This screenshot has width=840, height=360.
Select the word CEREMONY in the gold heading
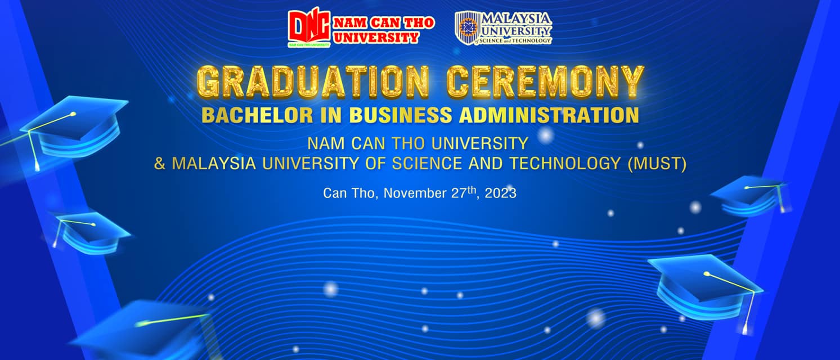tap(545, 82)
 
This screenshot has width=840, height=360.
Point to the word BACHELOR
tap(257, 115)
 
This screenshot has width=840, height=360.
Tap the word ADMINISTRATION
tap(549, 115)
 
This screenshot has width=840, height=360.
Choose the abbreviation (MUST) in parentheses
tap(657, 164)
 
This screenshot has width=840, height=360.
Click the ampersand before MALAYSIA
tap(160, 164)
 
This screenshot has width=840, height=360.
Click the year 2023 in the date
tap(501, 193)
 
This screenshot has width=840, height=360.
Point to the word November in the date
tap(415, 193)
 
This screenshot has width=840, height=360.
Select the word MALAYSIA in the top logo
tap(516, 18)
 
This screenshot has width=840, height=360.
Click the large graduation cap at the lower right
tap(705, 289)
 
